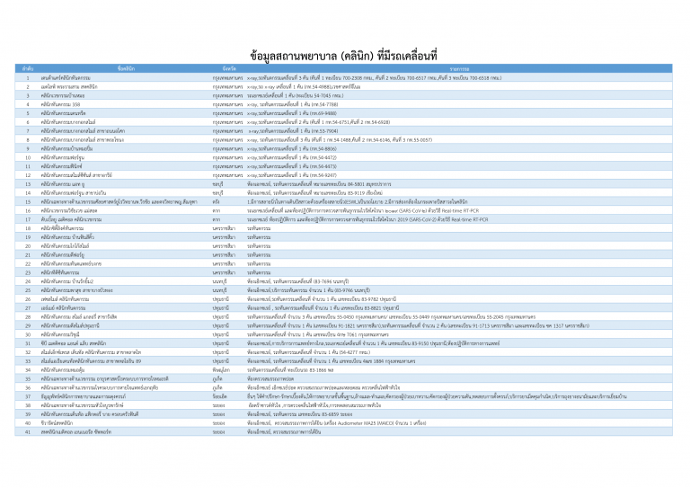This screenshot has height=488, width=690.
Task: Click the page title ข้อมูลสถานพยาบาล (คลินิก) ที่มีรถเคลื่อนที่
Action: [x=345, y=55]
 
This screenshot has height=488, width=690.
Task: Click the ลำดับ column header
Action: [x=28, y=68]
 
